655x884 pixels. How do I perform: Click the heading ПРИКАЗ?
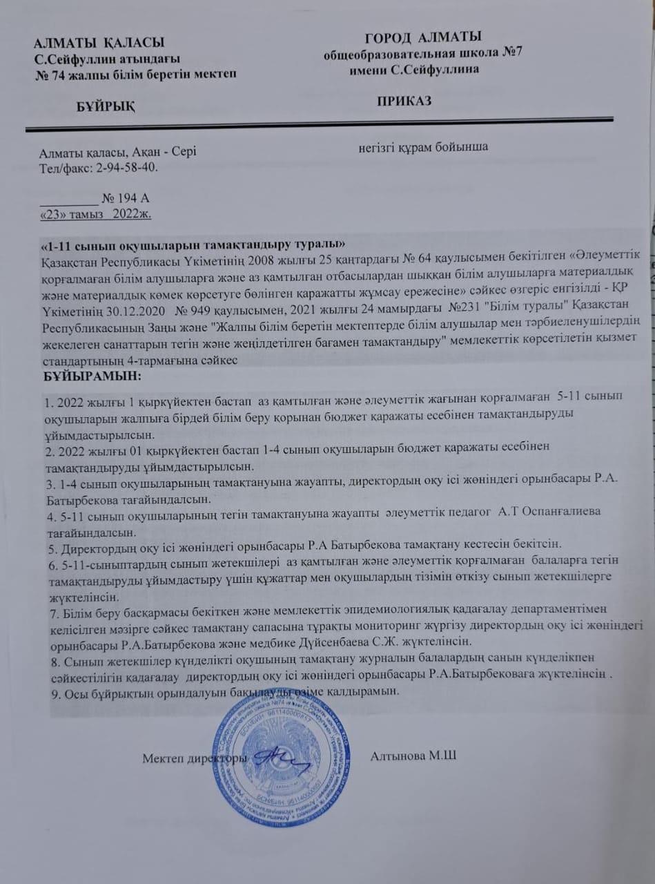click(x=404, y=101)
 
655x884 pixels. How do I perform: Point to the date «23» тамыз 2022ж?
click(x=96, y=214)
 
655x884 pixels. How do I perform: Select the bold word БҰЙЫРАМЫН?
click(x=88, y=377)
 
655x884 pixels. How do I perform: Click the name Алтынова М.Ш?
click(x=413, y=756)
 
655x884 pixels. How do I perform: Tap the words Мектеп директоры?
click(x=194, y=758)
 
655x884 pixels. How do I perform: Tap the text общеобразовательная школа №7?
click(x=422, y=54)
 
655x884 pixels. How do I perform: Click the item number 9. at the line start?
click(x=46, y=692)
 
